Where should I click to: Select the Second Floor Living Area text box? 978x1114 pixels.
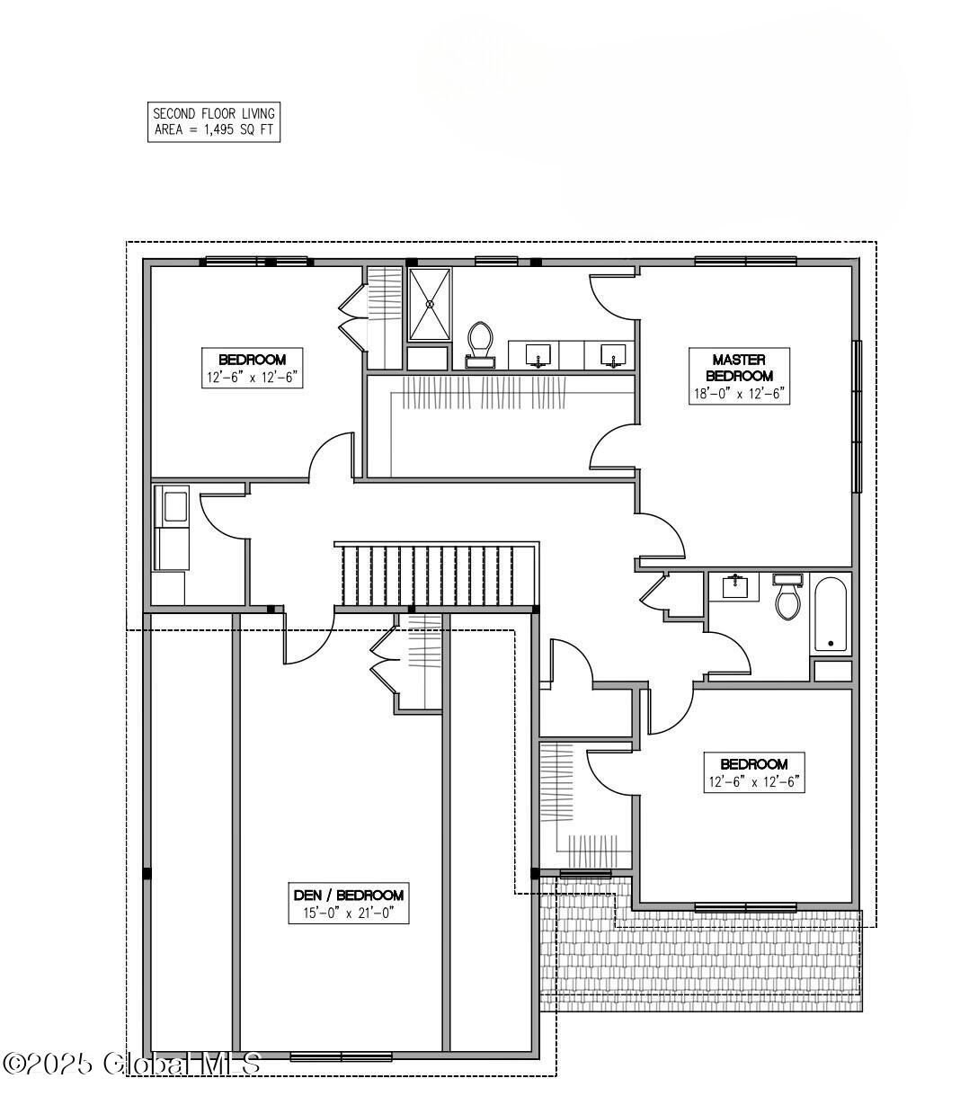point(214,122)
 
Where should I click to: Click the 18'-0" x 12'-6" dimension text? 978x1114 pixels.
point(739,394)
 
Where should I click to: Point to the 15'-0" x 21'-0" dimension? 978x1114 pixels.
point(349,913)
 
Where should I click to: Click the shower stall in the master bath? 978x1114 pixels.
point(430,304)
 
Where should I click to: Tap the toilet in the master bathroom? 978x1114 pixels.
point(480,344)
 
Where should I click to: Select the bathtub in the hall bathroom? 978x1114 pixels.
point(830,613)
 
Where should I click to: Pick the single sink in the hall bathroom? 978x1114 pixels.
point(733,586)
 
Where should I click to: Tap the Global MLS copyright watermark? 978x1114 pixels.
point(131,1064)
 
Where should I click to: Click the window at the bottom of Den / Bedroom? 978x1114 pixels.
point(341,1056)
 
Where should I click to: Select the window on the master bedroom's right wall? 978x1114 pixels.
point(857,416)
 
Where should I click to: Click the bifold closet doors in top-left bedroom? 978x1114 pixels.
point(352,317)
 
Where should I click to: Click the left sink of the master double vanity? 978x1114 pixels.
point(538,355)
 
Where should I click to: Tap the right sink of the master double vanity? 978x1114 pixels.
point(613,355)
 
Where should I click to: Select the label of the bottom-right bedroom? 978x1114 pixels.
point(754,772)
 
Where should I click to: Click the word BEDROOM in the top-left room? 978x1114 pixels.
point(253,360)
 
